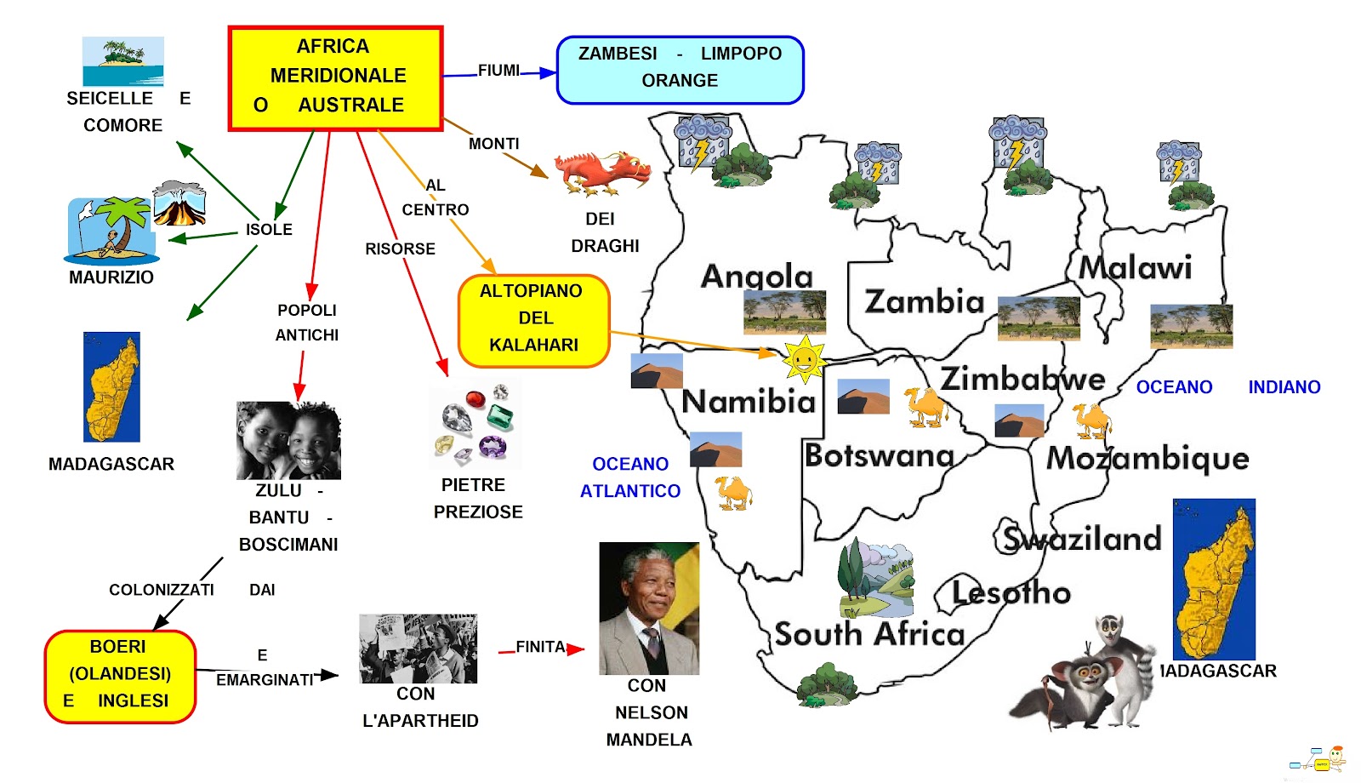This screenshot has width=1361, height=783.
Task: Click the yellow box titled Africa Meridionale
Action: (336, 78)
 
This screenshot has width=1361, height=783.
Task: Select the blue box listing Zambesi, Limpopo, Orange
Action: (680, 70)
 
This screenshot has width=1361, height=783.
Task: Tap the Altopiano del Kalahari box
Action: (533, 320)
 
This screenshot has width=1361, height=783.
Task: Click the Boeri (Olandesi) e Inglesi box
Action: (120, 676)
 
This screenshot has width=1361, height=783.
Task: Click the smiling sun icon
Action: (804, 358)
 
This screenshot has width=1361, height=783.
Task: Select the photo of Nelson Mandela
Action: (649, 609)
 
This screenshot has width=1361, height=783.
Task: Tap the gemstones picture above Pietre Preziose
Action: (475, 425)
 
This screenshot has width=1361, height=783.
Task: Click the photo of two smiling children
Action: (288, 440)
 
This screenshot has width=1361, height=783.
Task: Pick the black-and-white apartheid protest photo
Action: (418, 649)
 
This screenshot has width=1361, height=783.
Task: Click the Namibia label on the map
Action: (749, 401)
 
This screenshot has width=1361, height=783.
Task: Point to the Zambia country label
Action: (924, 301)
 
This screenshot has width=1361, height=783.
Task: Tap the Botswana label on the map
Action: (879, 456)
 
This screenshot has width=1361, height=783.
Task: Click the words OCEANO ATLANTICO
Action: (630, 477)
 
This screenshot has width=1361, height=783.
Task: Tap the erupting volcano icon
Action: (179, 203)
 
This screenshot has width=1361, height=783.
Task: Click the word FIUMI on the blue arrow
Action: (498, 71)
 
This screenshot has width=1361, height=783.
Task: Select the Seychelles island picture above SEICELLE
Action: (122, 60)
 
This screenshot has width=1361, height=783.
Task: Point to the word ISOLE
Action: (269, 230)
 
